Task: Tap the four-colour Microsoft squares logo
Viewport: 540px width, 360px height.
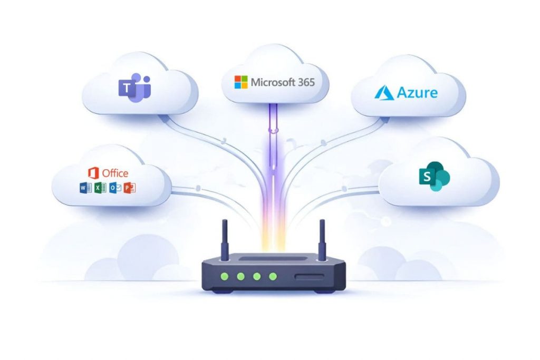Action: [241, 82]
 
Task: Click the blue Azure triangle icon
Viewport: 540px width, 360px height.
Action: [384, 93]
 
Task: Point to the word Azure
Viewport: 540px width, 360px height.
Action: [418, 93]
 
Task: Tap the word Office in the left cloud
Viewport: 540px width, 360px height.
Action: [115, 173]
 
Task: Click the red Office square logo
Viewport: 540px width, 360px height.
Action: [94, 173]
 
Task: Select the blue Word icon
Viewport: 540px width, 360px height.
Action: [83, 188]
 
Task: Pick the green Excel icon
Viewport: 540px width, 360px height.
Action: [99, 188]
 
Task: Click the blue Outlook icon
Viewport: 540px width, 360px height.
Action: [114, 188]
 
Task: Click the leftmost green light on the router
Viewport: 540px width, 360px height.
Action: [225, 276]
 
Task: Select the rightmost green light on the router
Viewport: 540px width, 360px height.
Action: [273, 276]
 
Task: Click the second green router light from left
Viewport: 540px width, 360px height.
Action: [241, 276]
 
